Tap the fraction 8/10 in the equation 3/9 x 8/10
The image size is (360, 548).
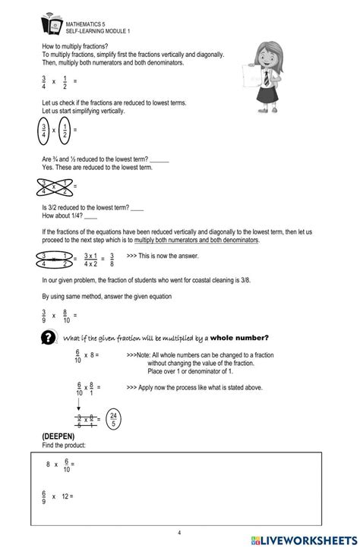[66, 315]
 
